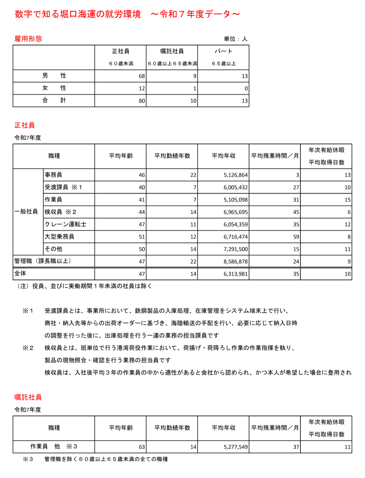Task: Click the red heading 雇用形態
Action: (28, 39)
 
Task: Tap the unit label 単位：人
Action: (235, 39)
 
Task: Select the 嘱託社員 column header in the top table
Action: (172, 51)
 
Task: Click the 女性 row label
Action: (54, 88)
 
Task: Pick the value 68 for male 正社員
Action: (142, 76)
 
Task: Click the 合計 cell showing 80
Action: (142, 101)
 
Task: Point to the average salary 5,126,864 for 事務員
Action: (235, 175)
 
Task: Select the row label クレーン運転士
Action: (65, 224)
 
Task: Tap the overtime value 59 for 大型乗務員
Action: (296, 237)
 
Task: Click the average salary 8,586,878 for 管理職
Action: (235, 262)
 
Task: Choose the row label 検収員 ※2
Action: (60, 212)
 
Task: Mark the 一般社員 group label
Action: (26, 212)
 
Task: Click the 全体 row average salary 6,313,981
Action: (235, 274)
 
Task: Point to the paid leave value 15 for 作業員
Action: (347, 200)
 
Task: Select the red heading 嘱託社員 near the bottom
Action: (28, 397)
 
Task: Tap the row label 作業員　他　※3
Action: (54, 446)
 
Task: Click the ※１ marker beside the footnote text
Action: (28, 311)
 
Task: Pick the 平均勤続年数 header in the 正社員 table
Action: (172, 156)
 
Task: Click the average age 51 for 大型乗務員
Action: (142, 237)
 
